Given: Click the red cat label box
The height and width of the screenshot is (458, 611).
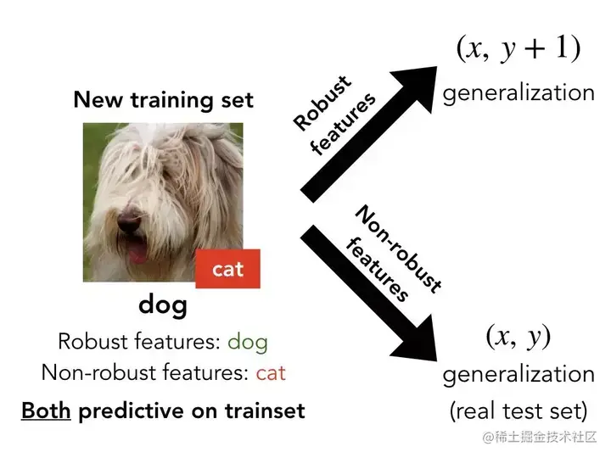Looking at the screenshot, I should [227, 270].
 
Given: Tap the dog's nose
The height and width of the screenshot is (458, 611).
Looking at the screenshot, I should [128, 224].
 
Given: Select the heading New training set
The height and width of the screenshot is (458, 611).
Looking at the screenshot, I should [163, 99].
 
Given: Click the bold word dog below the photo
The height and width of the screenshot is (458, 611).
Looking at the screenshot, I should [162, 304].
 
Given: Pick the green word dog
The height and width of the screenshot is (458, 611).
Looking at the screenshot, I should [248, 343].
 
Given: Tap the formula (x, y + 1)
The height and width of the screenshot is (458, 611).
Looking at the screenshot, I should [519, 49].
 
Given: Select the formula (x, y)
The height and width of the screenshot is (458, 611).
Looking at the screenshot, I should [519, 338].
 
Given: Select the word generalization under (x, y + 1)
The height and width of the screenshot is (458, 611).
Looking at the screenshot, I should [519, 92].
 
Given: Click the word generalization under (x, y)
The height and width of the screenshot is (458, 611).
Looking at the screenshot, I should [519, 374].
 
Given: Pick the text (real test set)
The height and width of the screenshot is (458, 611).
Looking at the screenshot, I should [519, 411].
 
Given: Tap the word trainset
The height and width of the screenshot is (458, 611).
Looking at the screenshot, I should [262, 411].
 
